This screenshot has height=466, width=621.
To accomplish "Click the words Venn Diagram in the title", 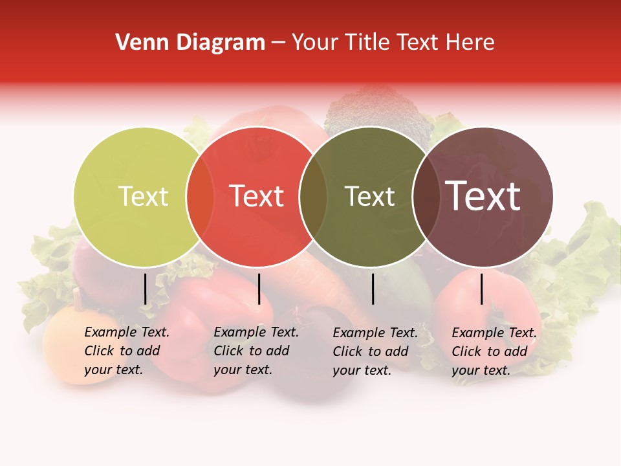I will point(190,43).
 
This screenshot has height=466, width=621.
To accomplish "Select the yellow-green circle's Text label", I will point(143,197).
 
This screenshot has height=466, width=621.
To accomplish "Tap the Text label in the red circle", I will point(257,197).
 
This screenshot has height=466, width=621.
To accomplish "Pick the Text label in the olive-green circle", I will point(369,197).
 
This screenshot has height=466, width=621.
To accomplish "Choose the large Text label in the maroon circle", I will point(483,196).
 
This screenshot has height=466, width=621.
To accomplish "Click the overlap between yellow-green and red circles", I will point(200,197).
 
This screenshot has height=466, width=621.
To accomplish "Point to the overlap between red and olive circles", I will point(313,197).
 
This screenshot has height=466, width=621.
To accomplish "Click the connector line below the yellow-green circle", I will point(146,289).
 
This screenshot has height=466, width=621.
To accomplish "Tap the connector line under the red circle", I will point(259,289).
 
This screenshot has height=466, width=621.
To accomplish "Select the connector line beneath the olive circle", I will point(373,289).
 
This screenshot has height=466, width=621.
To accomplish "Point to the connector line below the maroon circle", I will point(481,289).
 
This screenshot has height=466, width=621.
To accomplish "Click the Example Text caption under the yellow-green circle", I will point(127,351).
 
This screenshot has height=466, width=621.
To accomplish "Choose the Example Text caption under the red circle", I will point(256,351).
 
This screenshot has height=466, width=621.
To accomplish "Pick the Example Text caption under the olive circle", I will point(375,351).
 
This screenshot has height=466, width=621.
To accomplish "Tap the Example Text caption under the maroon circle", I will point(494,351).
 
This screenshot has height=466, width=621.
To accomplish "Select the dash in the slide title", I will point(278,43).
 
